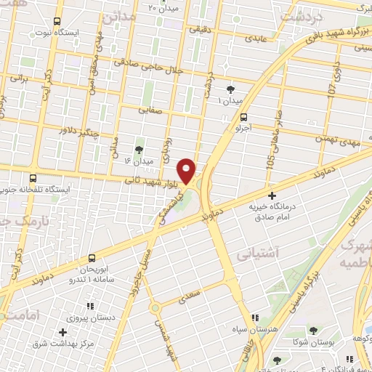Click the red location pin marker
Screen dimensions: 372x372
pos(188,170)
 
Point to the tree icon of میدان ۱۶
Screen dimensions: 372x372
pos(139,149)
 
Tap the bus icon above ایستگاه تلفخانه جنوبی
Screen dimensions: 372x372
pos(33,178)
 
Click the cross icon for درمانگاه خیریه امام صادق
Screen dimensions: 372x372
pos(272,195)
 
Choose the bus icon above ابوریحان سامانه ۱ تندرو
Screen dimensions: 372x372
pos(92,258)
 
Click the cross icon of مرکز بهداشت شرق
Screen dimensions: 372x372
pos(62,332)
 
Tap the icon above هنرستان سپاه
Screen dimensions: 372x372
pos(255,318)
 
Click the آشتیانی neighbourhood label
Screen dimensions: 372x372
pos(255,253)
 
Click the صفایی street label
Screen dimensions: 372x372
pos(152,110)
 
